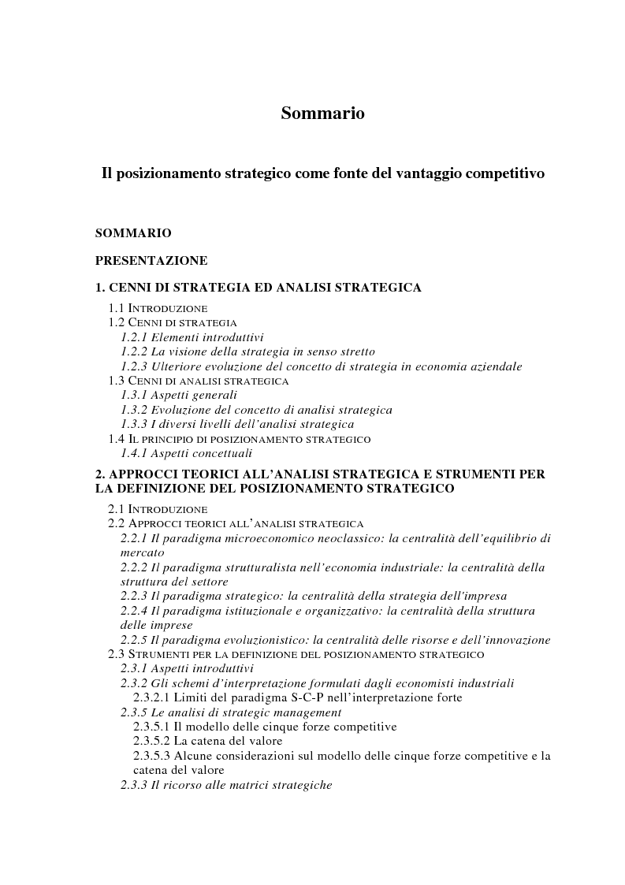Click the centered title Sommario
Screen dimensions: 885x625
click(322, 113)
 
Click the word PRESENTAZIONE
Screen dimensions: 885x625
click(151, 260)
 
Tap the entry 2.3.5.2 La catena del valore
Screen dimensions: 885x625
click(207, 741)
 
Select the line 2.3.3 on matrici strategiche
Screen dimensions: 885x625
click(226, 785)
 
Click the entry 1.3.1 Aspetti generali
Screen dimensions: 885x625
click(179, 396)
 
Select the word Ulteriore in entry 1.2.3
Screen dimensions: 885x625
click(175, 366)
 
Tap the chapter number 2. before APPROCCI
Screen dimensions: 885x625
click(100, 474)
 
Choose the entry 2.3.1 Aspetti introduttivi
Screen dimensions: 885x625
click(186, 668)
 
